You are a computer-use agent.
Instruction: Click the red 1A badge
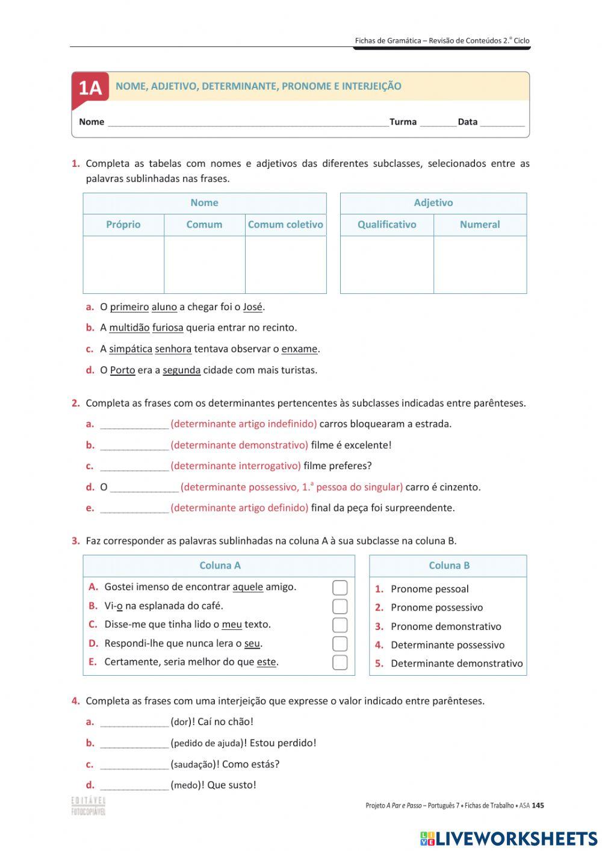pos(90,88)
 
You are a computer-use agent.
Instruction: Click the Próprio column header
pos(123,225)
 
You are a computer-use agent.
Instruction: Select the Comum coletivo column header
pos(285,225)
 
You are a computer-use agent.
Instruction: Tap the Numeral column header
pos(480,225)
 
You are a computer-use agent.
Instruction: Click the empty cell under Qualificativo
pos(386,264)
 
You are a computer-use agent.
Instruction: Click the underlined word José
pos(253,307)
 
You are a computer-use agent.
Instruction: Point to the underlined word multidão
pos(129,328)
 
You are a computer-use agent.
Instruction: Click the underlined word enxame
pos(299,349)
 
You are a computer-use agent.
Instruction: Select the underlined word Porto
pos(122,370)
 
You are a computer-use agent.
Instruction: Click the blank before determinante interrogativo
pos(134,466)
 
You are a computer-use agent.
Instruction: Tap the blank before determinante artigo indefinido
pos(134,425)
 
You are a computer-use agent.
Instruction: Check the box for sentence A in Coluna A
pos(340,587)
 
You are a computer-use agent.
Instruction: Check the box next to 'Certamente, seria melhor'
pos(340,662)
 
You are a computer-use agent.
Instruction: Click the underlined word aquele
pos(247,587)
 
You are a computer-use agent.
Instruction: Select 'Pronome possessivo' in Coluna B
pos(436,608)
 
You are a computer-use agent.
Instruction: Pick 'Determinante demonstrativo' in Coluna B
pos(456,664)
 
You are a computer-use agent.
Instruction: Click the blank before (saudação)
pos(134,765)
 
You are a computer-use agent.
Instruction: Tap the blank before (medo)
pos(134,785)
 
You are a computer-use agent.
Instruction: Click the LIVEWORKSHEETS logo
pos(509,838)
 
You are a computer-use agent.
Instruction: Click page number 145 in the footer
pos(538,806)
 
